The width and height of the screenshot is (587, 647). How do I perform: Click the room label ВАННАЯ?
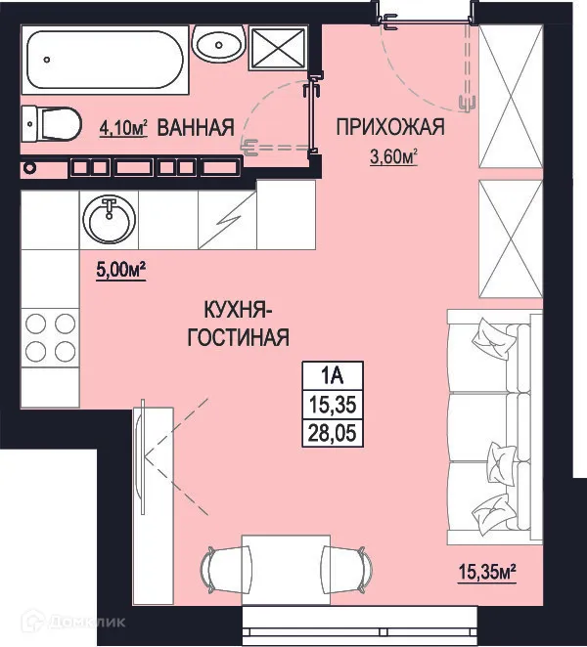coord(195,127)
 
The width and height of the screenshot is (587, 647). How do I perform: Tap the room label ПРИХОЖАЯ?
coord(390,126)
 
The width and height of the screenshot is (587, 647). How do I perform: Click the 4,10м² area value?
coord(123,128)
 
